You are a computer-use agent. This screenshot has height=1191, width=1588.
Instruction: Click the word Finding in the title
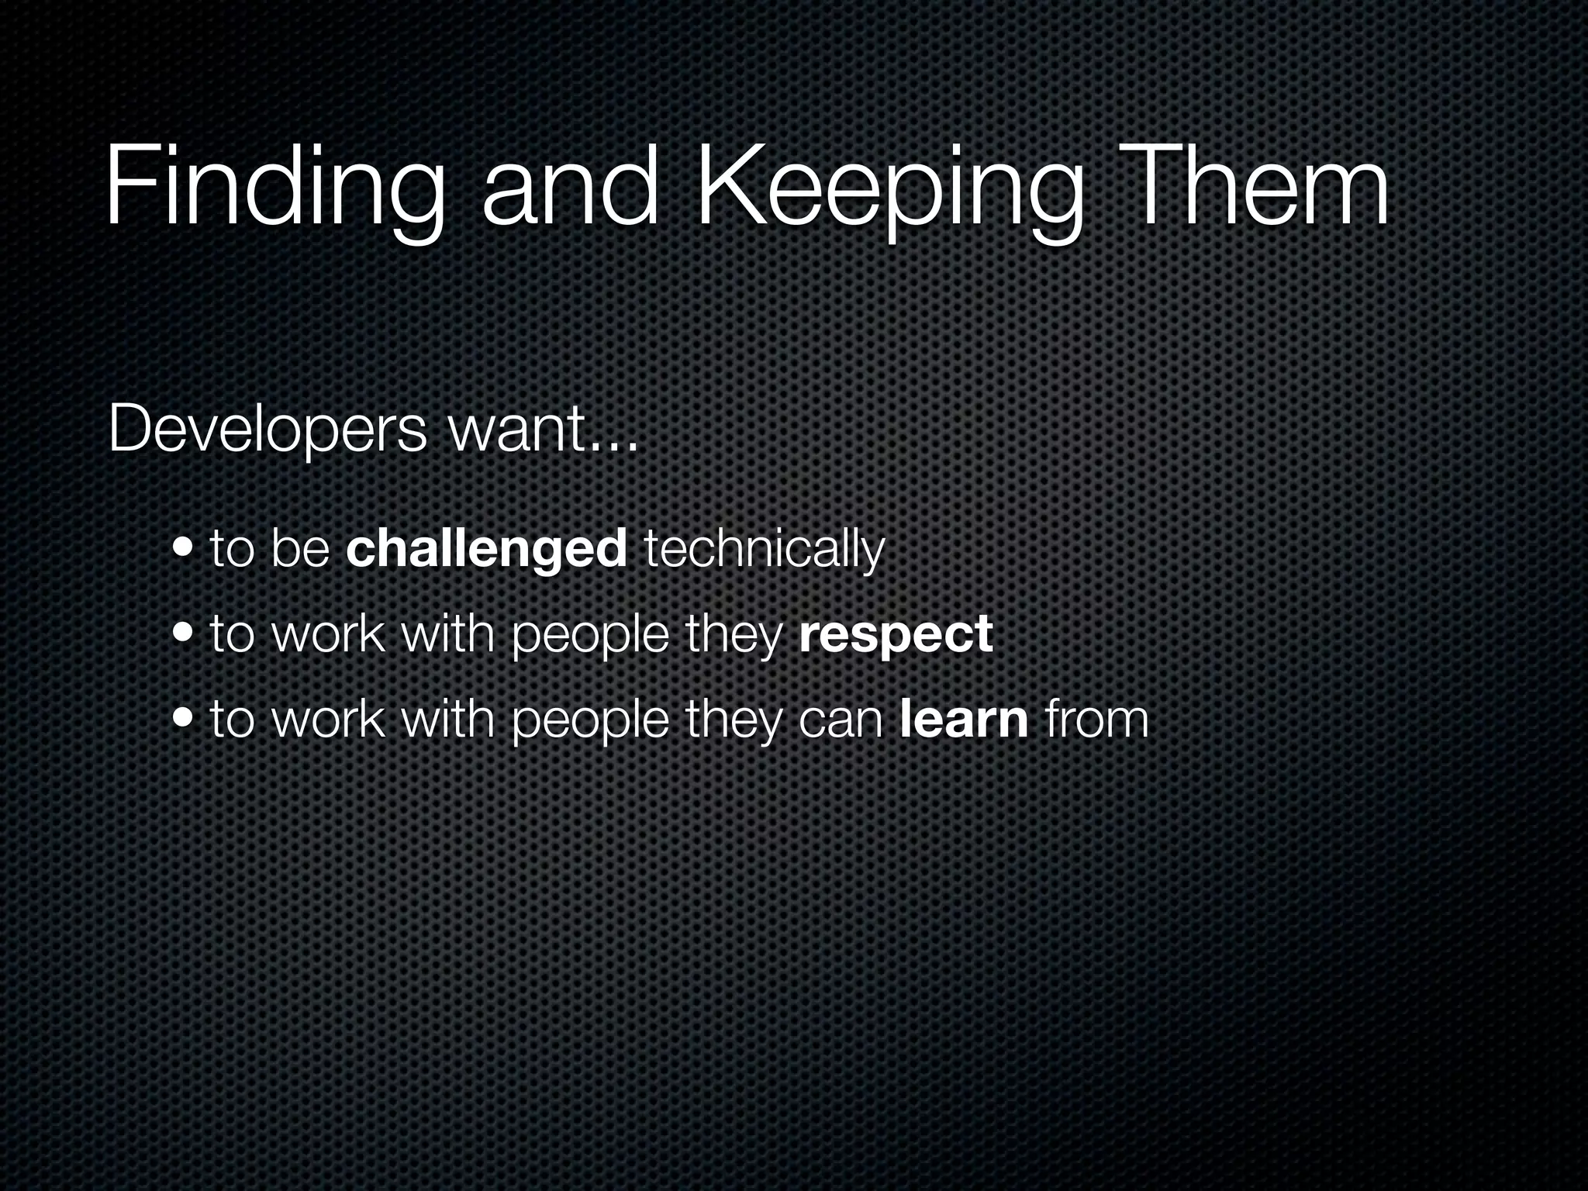(275, 190)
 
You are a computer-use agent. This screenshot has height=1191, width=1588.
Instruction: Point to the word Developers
(268, 430)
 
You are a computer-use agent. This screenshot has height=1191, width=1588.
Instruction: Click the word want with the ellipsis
(543, 430)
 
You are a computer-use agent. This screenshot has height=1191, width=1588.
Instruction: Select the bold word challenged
(486, 548)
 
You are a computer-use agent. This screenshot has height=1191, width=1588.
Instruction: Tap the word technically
(765, 548)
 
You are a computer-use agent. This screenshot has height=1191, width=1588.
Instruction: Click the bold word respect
(896, 635)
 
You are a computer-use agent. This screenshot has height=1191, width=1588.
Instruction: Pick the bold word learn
(965, 719)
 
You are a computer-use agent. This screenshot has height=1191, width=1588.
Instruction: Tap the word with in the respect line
(448, 633)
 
